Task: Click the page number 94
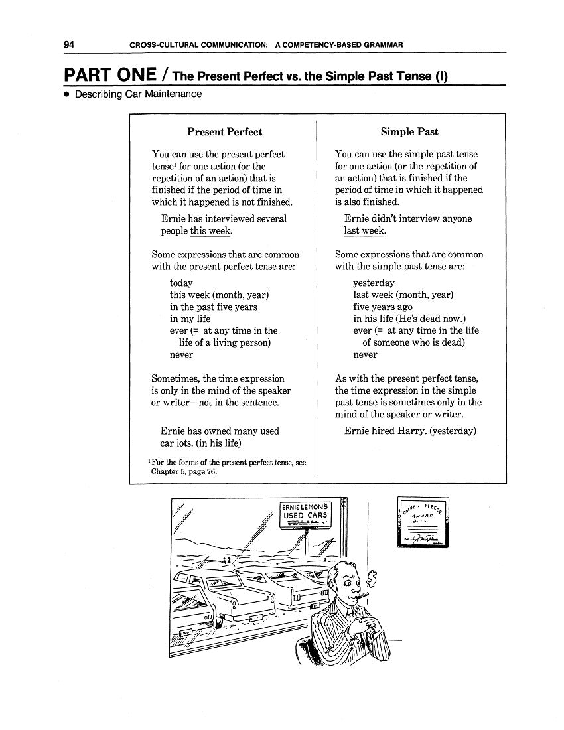coord(69,44)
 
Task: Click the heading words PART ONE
coord(110,74)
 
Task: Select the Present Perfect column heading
coord(224,131)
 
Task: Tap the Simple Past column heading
coord(409,131)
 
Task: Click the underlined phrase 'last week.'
coord(364,231)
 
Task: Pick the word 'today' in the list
coord(181,283)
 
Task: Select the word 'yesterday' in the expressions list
coord(374,283)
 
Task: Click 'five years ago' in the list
coord(382,307)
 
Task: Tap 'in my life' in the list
coord(190,319)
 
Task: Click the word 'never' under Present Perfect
coord(181,354)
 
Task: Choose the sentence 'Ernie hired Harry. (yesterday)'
coord(410,431)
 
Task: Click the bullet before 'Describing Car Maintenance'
coord(67,94)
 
